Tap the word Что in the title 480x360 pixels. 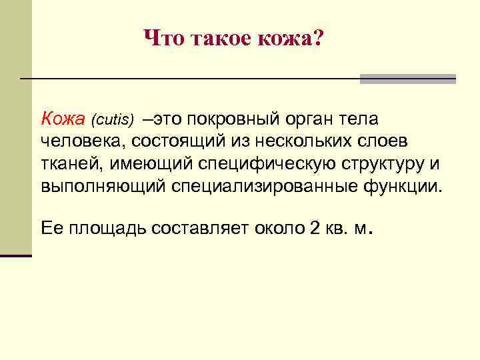coord(159,39)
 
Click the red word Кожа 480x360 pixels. coord(63,119)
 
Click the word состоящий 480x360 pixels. coord(178,141)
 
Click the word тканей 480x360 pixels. coord(68,163)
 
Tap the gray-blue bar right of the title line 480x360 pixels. coord(408,79)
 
